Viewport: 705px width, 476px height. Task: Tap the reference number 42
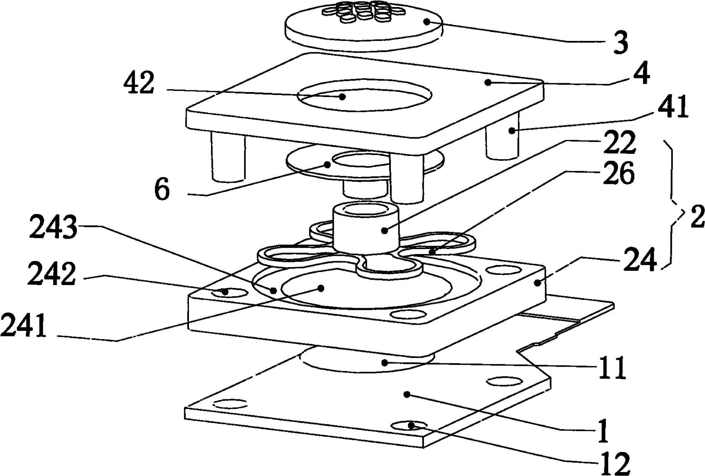click(139, 83)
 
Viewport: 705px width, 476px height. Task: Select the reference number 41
click(673, 107)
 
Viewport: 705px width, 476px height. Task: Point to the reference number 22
click(619, 143)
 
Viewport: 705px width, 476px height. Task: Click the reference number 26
click(619, 173)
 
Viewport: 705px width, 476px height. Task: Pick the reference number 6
click(162, 190)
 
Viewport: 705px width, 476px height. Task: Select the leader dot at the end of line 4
click(488, 82)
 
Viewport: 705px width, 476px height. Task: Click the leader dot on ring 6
click(327, 164)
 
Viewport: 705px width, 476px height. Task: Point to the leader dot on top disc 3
click(427, 22)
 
